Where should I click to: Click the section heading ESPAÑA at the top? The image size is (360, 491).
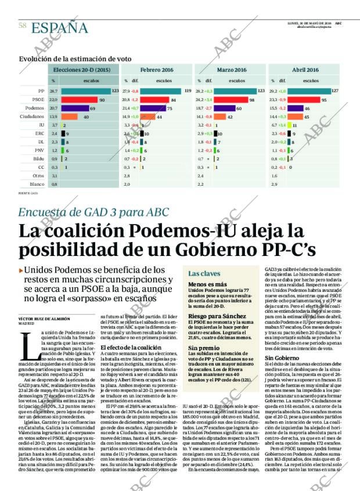(59, 28)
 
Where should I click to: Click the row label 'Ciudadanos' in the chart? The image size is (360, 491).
(33, 117)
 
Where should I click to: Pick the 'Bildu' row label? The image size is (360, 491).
(38, 158)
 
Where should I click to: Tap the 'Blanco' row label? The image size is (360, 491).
(38, 184)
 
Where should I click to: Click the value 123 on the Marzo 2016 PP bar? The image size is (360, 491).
(261, 92)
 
